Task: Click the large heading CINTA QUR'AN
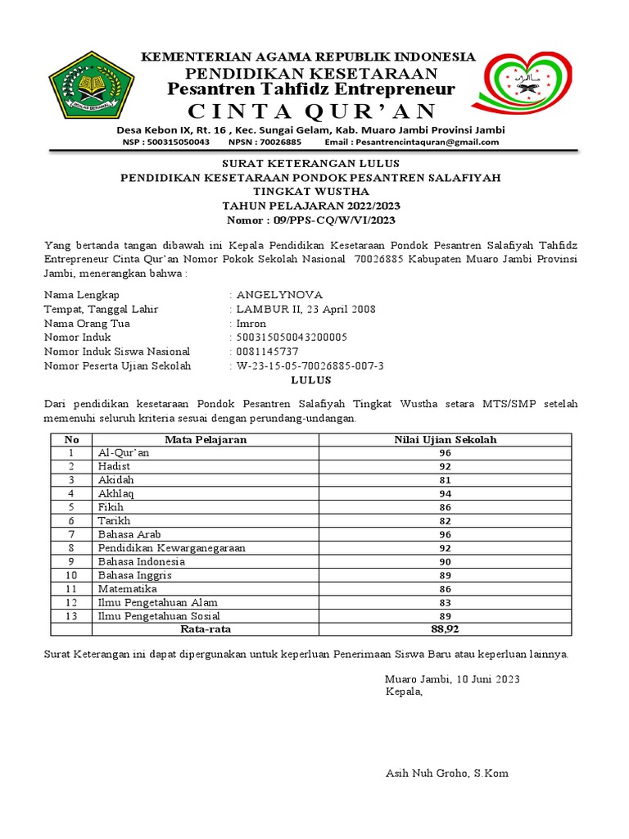[312, 111]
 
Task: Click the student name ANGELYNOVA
[279, 295]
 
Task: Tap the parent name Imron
[251, 323]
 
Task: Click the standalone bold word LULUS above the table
[311, 380]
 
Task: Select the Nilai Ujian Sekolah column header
[445, 439]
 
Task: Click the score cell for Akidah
[445, 479]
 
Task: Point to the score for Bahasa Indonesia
[445, 561]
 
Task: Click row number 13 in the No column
[71, 615]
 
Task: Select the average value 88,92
[445, 629]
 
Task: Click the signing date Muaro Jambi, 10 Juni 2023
[452, 679]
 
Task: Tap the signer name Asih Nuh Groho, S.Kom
[446, 773]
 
